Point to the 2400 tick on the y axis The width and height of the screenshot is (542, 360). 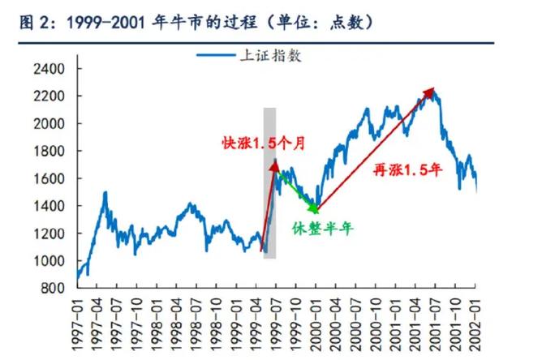[x=49, y=69]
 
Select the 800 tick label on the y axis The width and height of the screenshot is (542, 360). [x=53, y=288]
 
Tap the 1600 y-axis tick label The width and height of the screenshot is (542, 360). [x=49, y=178]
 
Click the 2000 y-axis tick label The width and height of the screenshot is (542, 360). [x=49, y=123]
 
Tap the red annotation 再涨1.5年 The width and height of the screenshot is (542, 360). [x=406, y=169]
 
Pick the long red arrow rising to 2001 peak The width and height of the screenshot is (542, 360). [x=373, y=150]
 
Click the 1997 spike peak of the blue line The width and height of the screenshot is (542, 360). [x=105, y=192]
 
